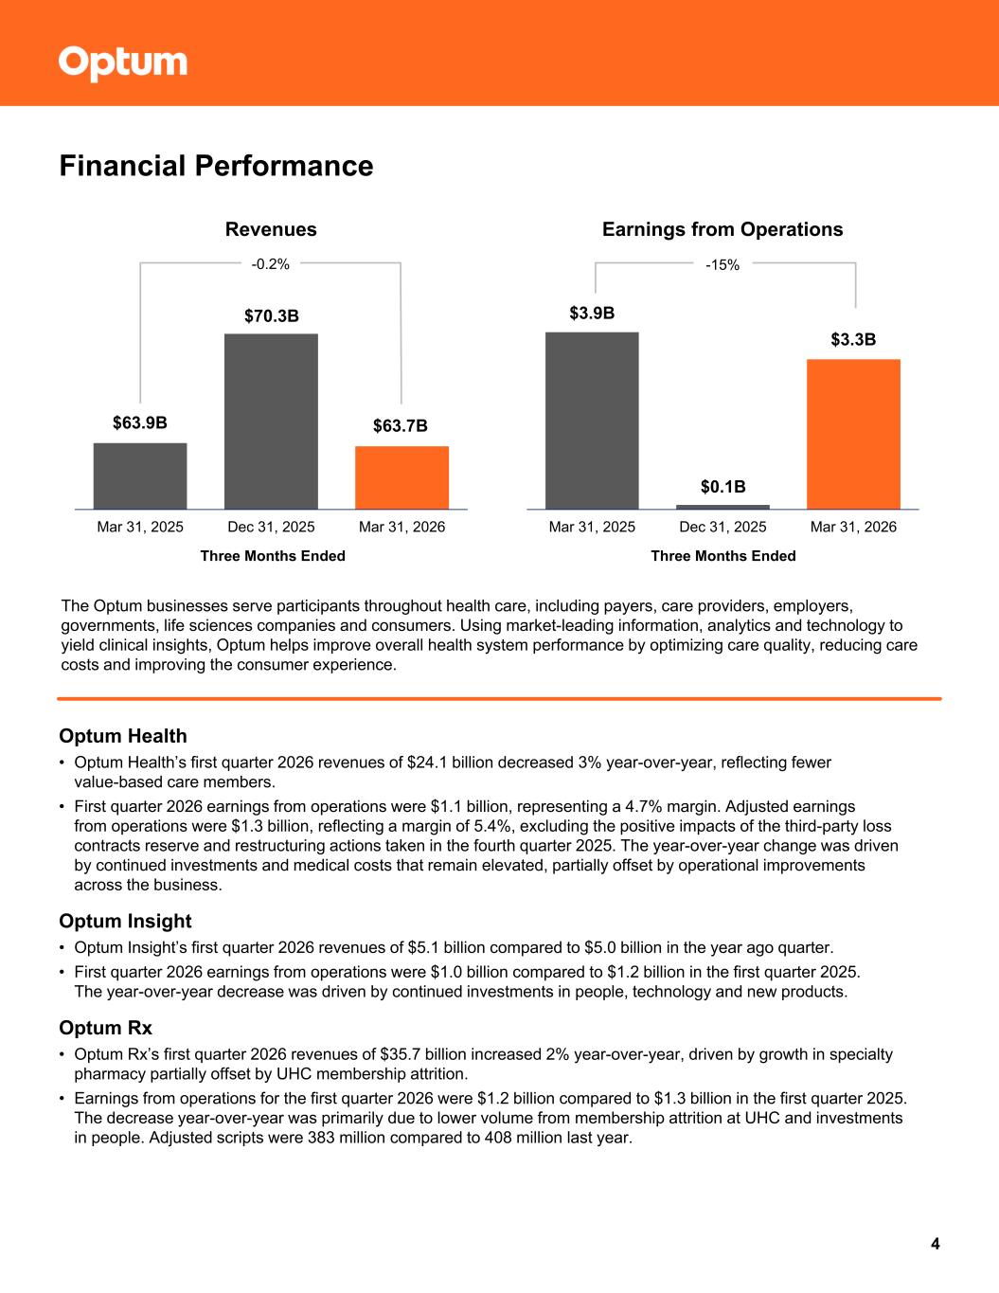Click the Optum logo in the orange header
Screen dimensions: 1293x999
tap(123, 63)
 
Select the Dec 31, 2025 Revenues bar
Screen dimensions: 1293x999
tap(271, 421)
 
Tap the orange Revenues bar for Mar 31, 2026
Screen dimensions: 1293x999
tap(401, 477)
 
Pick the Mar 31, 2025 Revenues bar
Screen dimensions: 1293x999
tap(140, 476)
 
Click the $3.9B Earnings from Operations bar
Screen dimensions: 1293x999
tap(592, 420)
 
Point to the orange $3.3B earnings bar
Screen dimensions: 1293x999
tap(853, 434)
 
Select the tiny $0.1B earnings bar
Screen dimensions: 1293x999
tap(722, 507)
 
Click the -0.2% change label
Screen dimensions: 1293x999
tap(270, 264)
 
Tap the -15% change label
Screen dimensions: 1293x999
tap(722, 266)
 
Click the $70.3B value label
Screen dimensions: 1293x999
tap(271, 316)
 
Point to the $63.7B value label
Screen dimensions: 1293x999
tap(401, 426)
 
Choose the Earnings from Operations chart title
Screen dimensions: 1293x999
tap(722, 229)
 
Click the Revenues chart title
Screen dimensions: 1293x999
tap(271, 229)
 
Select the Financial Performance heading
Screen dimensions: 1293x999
tap(216, 167)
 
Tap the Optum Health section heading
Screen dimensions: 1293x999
tap(123, 736)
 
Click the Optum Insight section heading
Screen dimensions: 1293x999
tap(125, 921)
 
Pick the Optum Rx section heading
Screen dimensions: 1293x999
tap(106, 1028)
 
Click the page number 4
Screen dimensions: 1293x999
tap(935, 1244)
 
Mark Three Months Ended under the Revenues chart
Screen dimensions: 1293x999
tap(273, 556)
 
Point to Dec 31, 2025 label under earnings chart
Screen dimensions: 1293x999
tap(722, 527)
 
